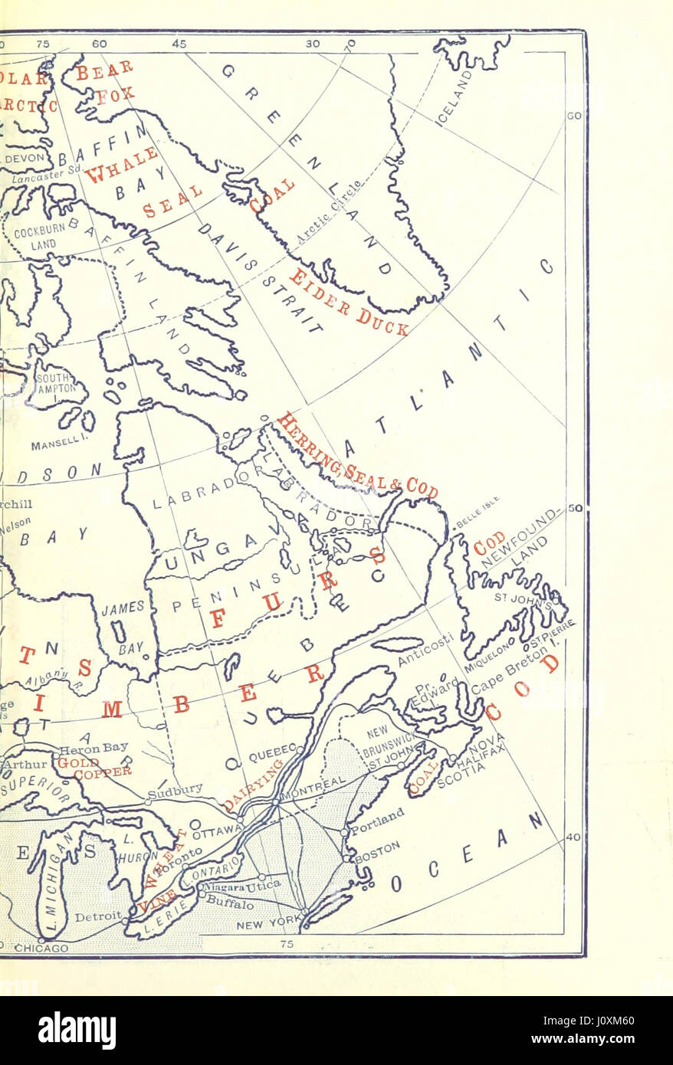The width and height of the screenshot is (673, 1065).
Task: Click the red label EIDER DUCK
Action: (349, 303)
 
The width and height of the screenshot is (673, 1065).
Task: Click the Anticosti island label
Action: (426, 647)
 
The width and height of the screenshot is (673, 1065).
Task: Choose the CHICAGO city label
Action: (41, 948)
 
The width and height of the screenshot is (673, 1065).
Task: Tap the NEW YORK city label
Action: (270, 924)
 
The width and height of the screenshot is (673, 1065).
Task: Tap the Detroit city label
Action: (97, 916)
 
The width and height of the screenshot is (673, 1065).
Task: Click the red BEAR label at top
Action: (105, 70)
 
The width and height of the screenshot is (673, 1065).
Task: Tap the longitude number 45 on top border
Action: (179, 44)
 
